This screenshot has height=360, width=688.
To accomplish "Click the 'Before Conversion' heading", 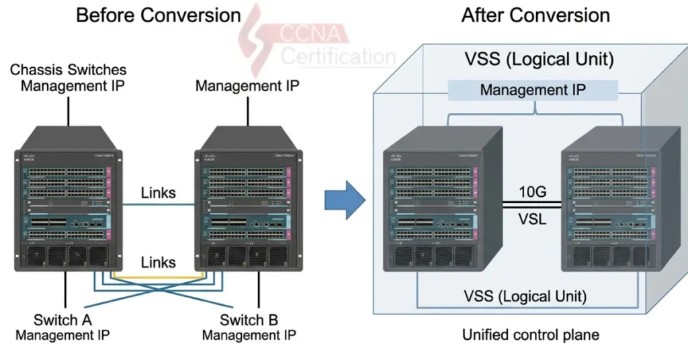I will tap(158, 15).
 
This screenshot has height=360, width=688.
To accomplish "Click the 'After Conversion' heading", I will tap(535, 15).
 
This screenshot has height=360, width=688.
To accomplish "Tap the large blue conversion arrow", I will tap(345, 199).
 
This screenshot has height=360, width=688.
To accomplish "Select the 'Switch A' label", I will tap(63, 320).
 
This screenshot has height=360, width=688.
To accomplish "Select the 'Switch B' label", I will tap(249, 320).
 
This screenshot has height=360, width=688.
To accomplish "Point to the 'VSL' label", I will tap(532, 220).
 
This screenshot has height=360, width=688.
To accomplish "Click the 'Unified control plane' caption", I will tap(531, 334).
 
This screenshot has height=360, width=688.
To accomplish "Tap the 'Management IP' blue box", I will tap(532, 90).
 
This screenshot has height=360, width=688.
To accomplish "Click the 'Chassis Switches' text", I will tap(68, 69).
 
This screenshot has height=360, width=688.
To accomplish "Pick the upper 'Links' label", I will tap(158, 193).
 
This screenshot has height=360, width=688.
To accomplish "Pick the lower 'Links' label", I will tap(158, 262).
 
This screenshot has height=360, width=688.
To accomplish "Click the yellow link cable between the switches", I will tap(156, 276).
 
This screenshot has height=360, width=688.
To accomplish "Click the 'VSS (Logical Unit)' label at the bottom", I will tap(525, 296).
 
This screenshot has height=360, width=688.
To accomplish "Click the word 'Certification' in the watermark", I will tap(337, 56).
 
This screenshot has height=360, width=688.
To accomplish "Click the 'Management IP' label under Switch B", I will tap(249, 334).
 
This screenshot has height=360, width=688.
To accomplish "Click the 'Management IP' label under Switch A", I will tap(63, 334).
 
